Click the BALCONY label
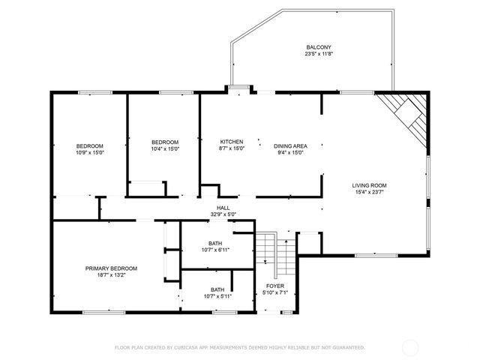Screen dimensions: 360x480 pos(313,46)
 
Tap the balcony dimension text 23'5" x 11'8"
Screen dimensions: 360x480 pos(313,54)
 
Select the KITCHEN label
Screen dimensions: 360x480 pos(231,142)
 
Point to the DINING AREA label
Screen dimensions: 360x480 pos(290,145)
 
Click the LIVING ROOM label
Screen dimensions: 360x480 pos(370,184)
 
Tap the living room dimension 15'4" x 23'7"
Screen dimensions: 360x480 pos(370,192)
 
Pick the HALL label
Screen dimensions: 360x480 pos(223,208)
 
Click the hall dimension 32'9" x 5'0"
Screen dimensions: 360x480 pos(223,214)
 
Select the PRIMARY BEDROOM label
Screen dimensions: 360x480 pos(111,268)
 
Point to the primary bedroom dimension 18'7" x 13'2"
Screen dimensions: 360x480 pos(111,275)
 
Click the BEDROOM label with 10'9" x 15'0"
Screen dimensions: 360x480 pos(89,145)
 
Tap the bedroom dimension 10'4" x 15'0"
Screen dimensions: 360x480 pos(165,150)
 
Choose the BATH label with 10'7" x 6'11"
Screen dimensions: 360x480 pos(215,243)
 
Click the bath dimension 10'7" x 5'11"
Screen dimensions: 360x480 pos(217,297)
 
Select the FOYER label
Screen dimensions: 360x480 pos(275,286)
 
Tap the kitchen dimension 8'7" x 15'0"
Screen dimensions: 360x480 pos(231,149)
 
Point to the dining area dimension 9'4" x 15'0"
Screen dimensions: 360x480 pos(290,153)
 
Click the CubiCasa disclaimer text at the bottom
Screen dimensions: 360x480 pos(239,347)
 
